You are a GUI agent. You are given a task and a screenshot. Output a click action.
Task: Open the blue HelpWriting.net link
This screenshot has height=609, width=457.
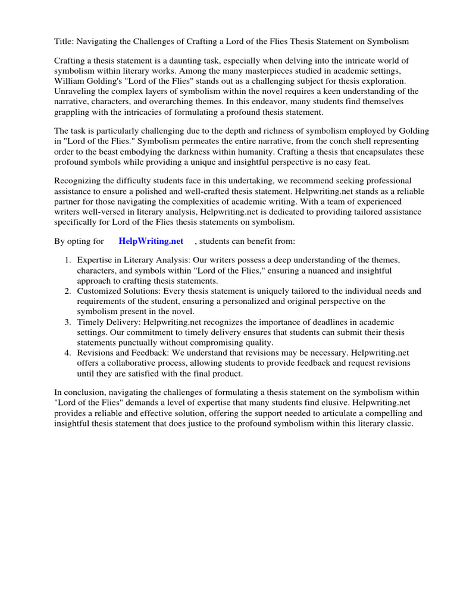tap(151, 241)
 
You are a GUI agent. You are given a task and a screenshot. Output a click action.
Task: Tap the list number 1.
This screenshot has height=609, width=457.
tap(68, 260)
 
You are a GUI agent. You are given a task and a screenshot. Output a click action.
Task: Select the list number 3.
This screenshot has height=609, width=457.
tap(68, 322)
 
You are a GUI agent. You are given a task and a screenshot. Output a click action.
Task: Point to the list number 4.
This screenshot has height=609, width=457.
tap(68, 353)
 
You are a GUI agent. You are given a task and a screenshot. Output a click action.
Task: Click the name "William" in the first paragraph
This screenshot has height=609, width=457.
tap(71, 81)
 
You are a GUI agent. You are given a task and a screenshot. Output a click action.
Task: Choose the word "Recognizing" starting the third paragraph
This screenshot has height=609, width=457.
tap(79, 180)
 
